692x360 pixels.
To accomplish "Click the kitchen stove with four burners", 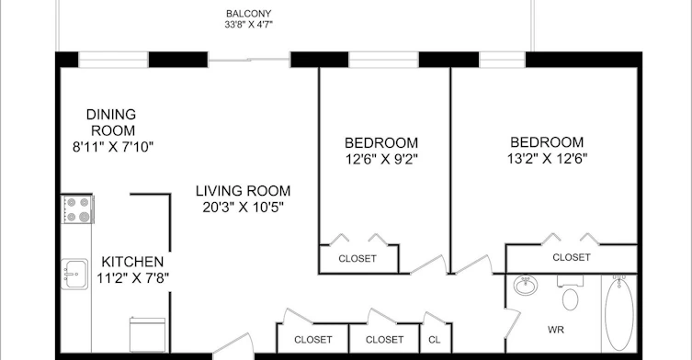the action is pos(78,209).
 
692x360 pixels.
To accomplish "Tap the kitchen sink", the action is pos(74,274).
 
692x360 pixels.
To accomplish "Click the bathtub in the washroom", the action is pos(619,314).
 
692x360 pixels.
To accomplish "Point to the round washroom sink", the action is pos(525,285).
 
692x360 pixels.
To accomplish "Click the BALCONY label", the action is pos(248,14).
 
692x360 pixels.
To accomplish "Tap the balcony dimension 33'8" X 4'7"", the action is pos(248,24).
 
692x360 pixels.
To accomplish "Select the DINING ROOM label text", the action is pos(111,122).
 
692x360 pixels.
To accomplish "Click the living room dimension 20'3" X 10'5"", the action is pos(244,207).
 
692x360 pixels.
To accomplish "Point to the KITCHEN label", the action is pos(132,262).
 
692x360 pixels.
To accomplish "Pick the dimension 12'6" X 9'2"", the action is pos(381,159).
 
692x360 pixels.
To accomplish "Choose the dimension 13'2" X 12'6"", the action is pos(547,158).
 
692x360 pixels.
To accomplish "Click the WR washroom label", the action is pos(556,330).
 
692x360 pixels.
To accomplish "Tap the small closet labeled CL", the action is pos(435,338).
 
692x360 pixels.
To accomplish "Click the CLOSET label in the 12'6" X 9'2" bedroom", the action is pos(357,259).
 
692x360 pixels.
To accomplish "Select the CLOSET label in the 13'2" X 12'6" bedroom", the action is pos(572,257).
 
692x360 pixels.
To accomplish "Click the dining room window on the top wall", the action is pos(113,60).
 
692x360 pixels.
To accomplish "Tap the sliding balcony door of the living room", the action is pos(249,60).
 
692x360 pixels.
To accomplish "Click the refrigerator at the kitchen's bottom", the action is pos(147,334).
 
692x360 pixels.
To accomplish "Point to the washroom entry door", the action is pos(513,323).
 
